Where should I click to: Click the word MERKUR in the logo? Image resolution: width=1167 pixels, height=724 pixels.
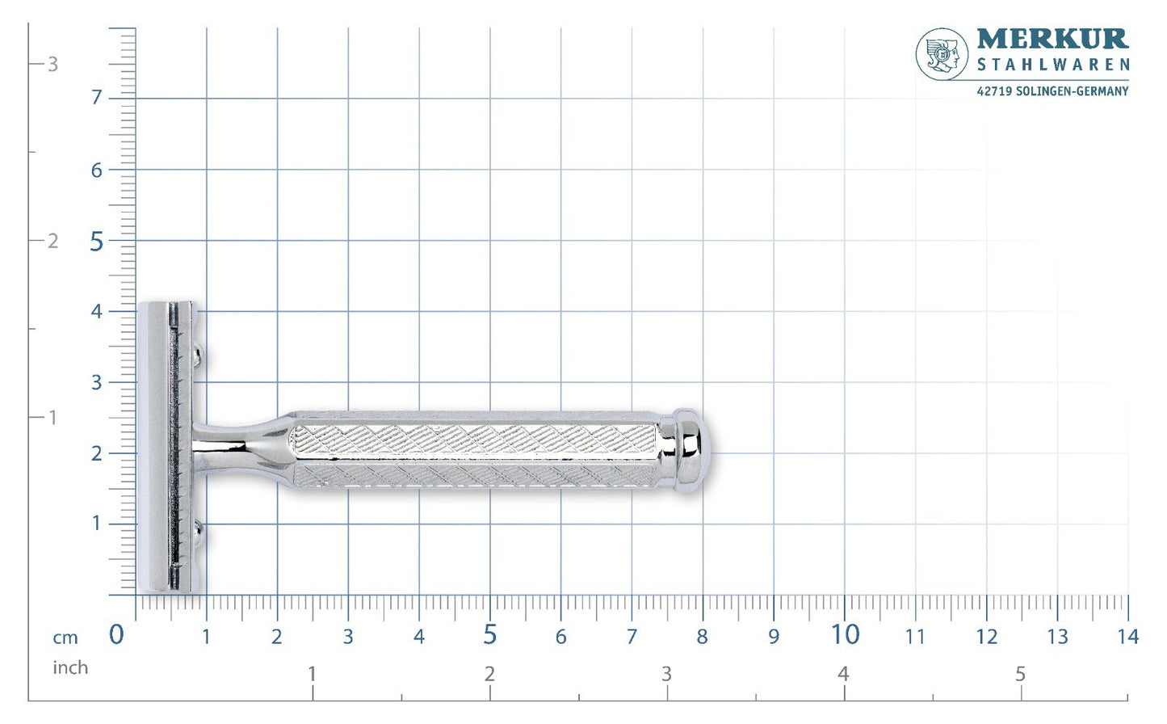pyautogui.click(x=1052, y=39)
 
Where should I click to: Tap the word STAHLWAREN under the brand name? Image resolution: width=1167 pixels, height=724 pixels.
pyautogui.click(x=1053, y=65)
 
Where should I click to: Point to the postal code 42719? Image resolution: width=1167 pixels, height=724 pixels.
pyautogui.click(x=994, y=91)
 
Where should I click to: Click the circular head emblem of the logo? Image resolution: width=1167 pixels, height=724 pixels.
pyautogui.click(x=942, y=54)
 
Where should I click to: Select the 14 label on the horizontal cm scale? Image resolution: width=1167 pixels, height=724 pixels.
pyautogui.click(x=1127, y=637)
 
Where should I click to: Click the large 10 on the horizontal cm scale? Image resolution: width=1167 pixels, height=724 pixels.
pyautogui.click(x=845, y=635)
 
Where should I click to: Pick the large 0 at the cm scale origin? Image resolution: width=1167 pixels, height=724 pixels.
pyautogui.click(x=116, y=635)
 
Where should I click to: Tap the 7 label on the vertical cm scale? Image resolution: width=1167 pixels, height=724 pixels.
pyautogui.click(x=96, y=98)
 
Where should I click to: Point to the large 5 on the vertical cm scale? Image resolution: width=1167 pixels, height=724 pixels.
pyautogui.click(x=96, y=242)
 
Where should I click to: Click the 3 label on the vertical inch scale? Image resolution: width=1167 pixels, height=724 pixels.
pyautogui.click(x=52, y=65)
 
